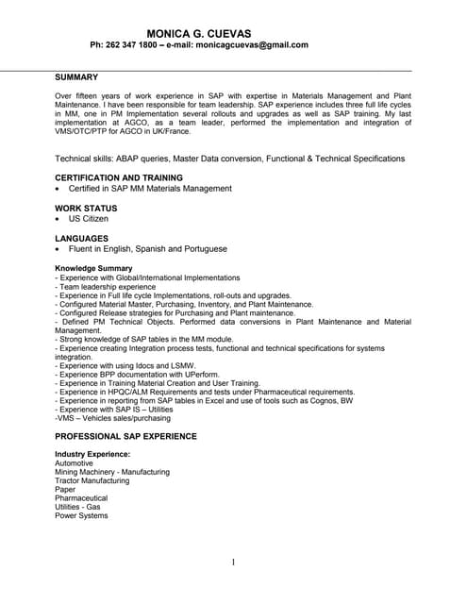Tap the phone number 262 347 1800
click(x=135, y=44)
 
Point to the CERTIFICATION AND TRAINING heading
click(x=119, y=177)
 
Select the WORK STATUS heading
click(x=86, y=208)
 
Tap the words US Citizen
click(x=89, y=219)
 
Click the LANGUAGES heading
click(x=82, y=238)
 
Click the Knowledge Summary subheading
click(x=93, y=268)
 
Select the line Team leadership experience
click(x=106, y=286)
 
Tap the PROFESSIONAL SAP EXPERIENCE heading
click(x=125, y=436)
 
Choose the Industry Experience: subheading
click(x=92, y=454)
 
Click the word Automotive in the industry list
click(x=75, y=463)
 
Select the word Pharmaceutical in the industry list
click(x=81, y=498)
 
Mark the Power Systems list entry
click(x=81, y=515)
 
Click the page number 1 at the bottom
click(x=233, y=562)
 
